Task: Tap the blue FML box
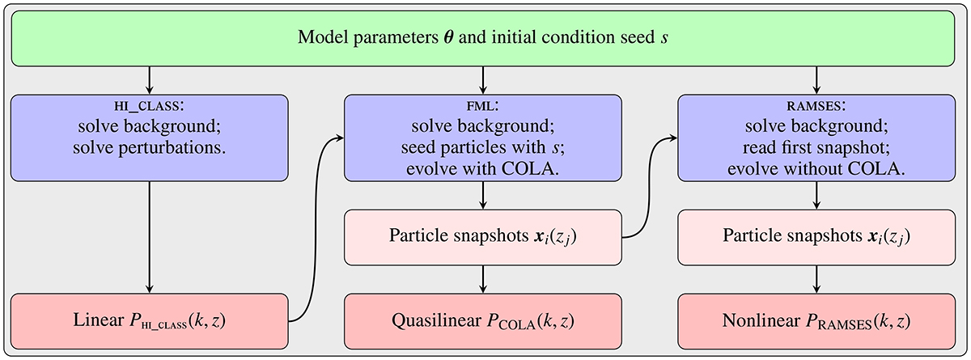pyautogui.click(x=483, y=138)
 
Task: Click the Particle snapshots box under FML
pyautogui.click(x=483, y=238)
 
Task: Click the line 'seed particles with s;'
pyautogui.click(x=483, y=150)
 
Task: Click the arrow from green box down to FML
pyautogui.click(x=483, y=79)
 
